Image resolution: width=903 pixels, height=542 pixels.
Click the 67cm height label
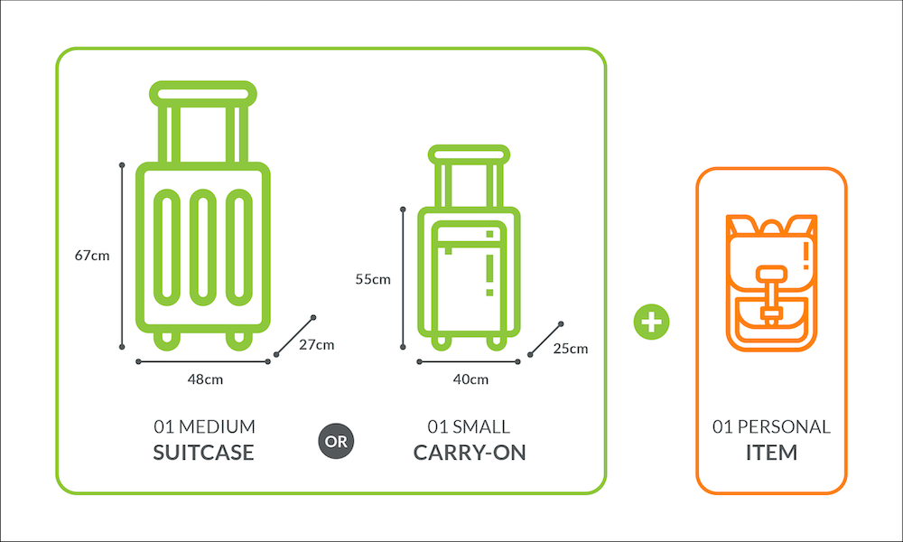point(92,255)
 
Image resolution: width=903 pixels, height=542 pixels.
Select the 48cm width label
point(205,379)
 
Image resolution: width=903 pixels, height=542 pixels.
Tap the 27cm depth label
point(317,344)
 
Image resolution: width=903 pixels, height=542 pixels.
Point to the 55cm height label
point(373,279)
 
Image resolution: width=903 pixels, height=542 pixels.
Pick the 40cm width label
point(470,379)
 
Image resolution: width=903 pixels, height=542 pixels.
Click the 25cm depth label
point(571,349)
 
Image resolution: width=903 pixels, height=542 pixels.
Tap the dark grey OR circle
point(336,441)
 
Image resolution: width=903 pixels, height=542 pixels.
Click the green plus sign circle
point(651,322)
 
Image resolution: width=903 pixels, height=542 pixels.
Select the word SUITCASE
point(203,453)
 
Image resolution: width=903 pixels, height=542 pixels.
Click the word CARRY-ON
point(470,453)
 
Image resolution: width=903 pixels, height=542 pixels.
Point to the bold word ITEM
point(772,453)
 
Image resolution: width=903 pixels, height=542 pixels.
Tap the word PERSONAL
point(784,426)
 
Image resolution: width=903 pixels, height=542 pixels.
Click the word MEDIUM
point(217,426)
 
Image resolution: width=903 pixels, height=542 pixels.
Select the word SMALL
point(481,426)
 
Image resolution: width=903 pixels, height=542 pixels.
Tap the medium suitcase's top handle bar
point(202,94)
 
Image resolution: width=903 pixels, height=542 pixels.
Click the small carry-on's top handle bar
point(469,154)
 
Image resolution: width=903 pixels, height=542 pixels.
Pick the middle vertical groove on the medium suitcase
point(202,248)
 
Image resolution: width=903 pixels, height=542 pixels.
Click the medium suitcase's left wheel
point(166,340)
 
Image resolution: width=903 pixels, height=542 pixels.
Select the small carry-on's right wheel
point(497,341)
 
